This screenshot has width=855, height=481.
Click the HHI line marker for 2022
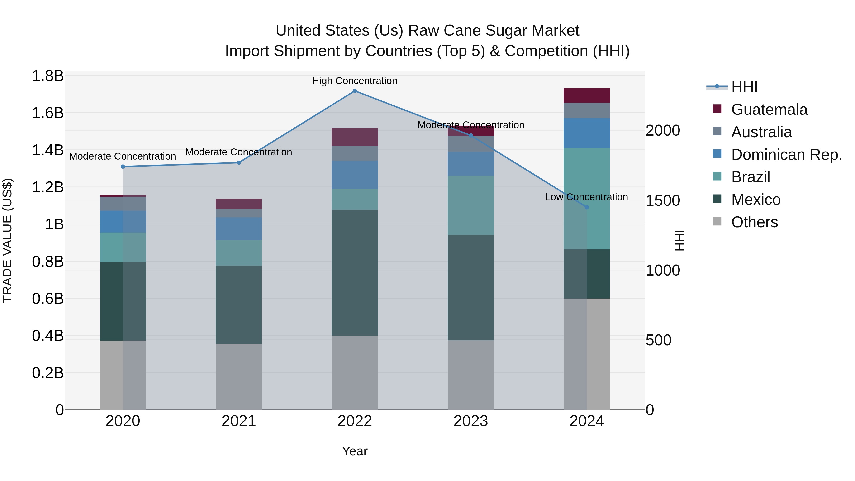[355, 91]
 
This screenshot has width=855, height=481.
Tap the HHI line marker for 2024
[586, 207]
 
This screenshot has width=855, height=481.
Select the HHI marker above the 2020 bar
[123, 167]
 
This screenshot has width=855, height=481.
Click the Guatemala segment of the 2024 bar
[586, 95]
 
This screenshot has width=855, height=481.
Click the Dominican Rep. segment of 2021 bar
[239, 229]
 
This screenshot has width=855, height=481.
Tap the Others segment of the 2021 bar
[239, 376]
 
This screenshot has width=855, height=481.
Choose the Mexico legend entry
[755, 200]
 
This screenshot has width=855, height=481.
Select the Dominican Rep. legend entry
[786, 155]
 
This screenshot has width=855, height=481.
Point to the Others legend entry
[754, 222]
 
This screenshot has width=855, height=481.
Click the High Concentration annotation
[355, 81]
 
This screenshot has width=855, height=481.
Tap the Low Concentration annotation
[586, 197]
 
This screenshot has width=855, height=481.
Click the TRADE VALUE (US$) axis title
[7, 240]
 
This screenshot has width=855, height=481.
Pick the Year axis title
[355, 451]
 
